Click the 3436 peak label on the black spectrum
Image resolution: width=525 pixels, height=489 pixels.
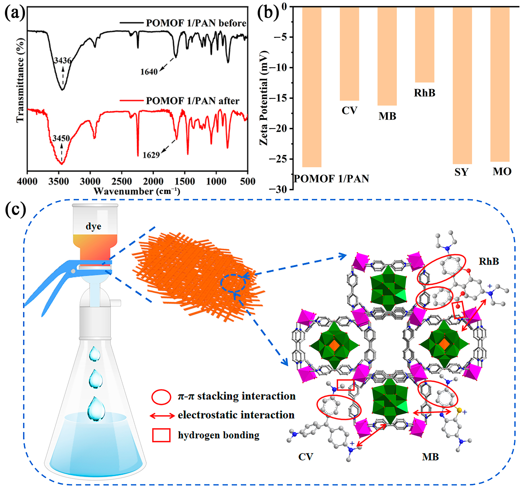(63, 60)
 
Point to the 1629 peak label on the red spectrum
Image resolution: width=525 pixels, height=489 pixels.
(151, 155)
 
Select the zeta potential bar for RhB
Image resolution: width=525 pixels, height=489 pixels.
(424, 45)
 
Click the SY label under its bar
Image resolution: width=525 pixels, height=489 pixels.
(461, 172)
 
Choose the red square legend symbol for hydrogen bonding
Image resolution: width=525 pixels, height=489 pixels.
(161, 435)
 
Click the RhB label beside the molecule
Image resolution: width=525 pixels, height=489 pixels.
(489, 261)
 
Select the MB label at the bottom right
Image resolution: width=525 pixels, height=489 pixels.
(430, 457)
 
